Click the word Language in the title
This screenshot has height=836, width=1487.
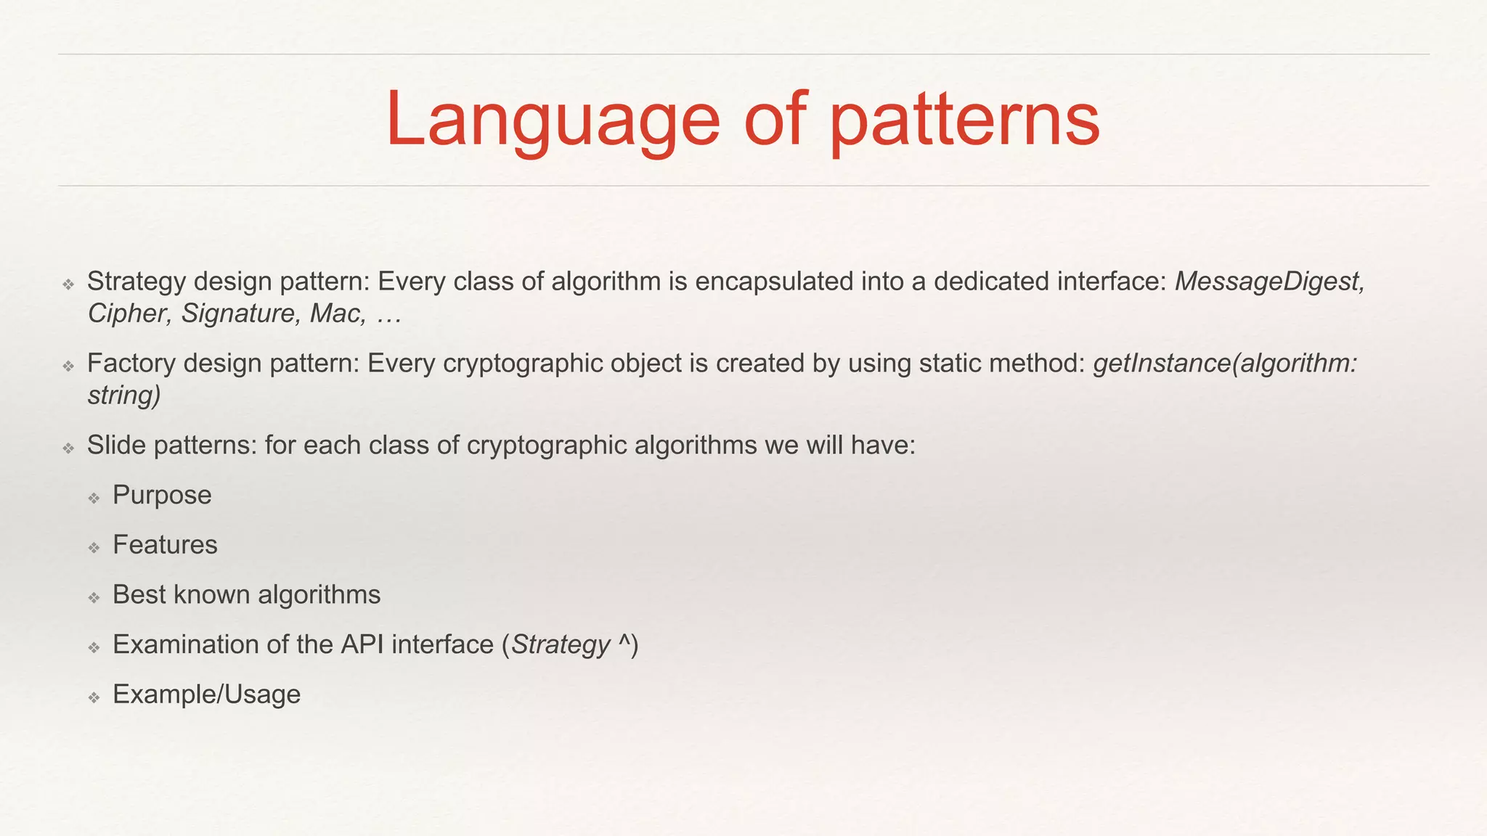552,120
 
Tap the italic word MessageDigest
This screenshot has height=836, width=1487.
1269,282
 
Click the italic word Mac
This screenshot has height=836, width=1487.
336,313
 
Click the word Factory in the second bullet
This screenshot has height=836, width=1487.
131,364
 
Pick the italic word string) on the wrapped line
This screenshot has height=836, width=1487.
124,396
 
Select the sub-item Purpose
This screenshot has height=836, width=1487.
162,495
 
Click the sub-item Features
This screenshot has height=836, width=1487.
165,545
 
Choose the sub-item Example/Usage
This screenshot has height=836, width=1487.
206,694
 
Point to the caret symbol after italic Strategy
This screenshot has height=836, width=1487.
624,642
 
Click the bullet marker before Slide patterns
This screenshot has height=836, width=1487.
68,448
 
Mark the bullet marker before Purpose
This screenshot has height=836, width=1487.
94,498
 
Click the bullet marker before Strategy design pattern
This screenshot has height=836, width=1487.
68,284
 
